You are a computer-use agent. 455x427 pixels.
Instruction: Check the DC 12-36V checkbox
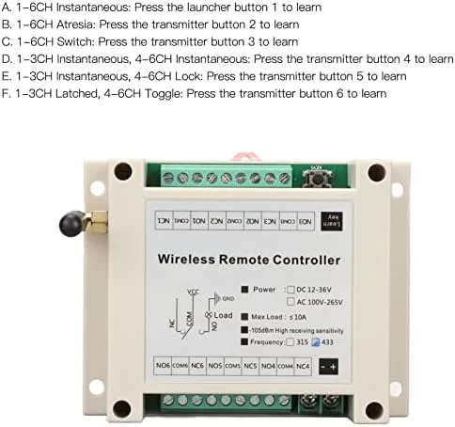click(x=290, y=290)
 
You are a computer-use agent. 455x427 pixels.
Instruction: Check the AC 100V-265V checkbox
click(x=290, y=303)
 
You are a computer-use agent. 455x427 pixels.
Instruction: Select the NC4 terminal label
click(x=303, y=366)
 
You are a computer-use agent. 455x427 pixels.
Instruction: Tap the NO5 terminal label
click(x=215, y=366)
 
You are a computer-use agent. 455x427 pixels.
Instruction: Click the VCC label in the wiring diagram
click(x=193, y=291)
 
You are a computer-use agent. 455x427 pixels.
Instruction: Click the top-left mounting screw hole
click(x=122, y=171)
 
